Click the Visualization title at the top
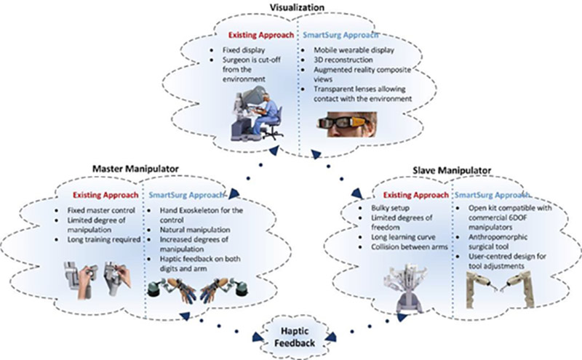tap(297, 7)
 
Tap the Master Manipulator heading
tap(135, 169)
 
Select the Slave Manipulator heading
tap(452, 170)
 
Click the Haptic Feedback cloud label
tap(295, 337)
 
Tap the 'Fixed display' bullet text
tap(244, 49)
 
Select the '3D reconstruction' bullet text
tap(343, 60)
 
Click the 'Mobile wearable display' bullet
tap(354, 49)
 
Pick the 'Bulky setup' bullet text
tap(390, 208)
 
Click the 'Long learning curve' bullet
tap(403, 237)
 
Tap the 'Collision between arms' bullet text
tap(410, 247)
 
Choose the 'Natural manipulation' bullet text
tap(195, 230)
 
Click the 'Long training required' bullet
tap(104, 239)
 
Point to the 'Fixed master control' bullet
tap(101, 210)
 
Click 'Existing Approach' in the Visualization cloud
tap(261, 35)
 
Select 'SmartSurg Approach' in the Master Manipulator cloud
tap(186, 195)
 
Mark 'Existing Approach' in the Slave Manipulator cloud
tap(415, 195)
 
